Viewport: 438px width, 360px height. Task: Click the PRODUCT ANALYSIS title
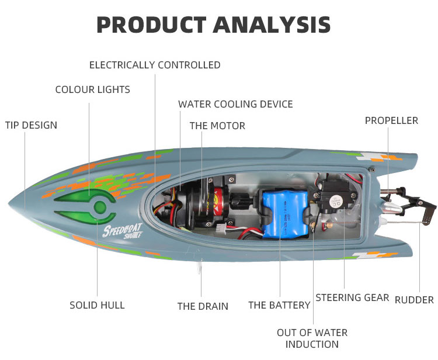pyautogui.click(x=214, y=25)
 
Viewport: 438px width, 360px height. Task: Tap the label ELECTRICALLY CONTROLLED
pyautogui.click(x=155, y=65)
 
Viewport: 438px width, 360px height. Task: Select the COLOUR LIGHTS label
pyautogui.click(x=92, y=89)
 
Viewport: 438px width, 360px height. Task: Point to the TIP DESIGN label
pyautogui.click(x=31, y=125)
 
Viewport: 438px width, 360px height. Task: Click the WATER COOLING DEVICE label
pyautogui.click(x=235, y=104)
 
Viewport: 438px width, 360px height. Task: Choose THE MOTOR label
pyautogui.click(x=217, y=126)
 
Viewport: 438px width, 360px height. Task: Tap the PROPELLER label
pyautogui.click(x=391, y=120)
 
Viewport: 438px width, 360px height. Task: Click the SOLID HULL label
pyautogui.click(x=97, y=305)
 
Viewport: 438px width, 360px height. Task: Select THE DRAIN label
pyautogui.click(x=203, y=306)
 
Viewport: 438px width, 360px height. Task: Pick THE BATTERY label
pyautogui.click(x=279, y=305)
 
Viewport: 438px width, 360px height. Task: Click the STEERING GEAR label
pyautogui.click(x=352, y=297)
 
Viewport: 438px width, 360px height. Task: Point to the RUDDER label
pyautogui.click(x=414, y=300)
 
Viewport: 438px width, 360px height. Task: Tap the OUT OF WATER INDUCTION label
pyautogui.click(x=312, y=338)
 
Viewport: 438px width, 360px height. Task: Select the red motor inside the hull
pyautogui.click(x=216, y=204)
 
